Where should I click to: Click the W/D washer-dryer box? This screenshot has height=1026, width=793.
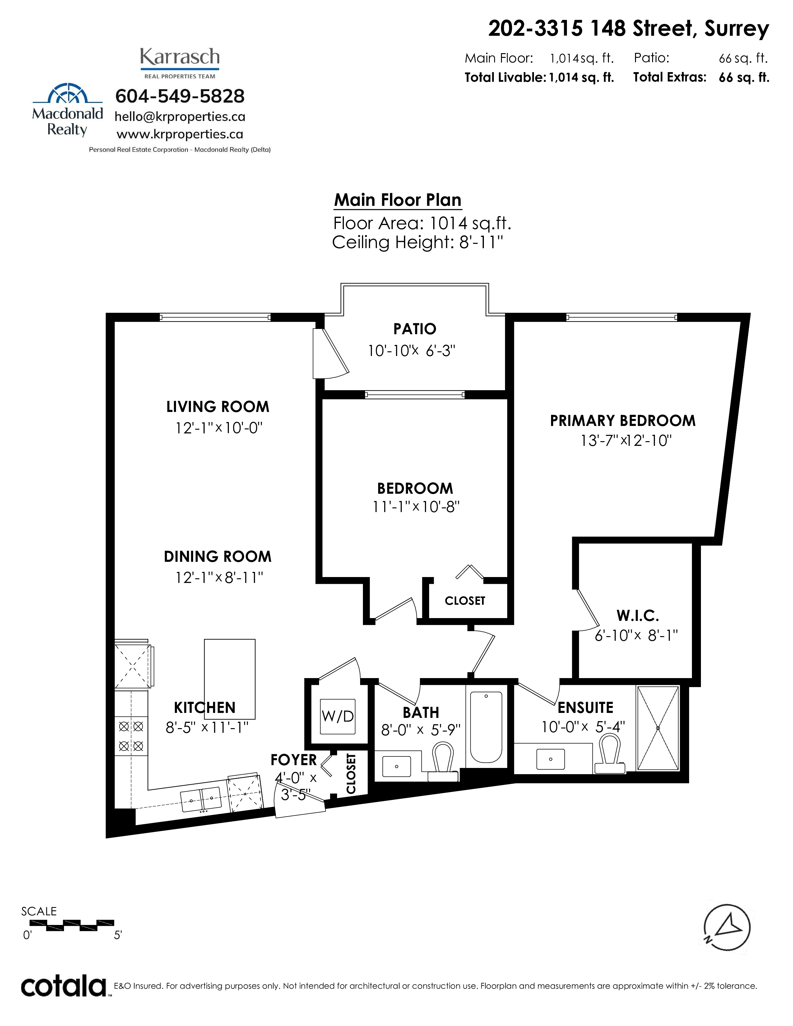337,716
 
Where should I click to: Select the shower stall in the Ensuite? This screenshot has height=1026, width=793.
658,728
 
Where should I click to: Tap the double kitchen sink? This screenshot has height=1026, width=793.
201,800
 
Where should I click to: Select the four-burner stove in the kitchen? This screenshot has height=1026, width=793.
131,736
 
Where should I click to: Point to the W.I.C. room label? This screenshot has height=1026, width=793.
638,615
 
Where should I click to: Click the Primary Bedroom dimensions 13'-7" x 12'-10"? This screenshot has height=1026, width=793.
626,441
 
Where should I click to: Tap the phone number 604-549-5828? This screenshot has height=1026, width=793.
180,96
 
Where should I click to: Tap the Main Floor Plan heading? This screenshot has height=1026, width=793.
397,200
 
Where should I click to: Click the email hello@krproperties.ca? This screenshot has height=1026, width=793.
180,117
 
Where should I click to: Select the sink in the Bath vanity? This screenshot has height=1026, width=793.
396,767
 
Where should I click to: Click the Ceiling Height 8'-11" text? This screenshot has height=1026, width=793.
418,243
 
